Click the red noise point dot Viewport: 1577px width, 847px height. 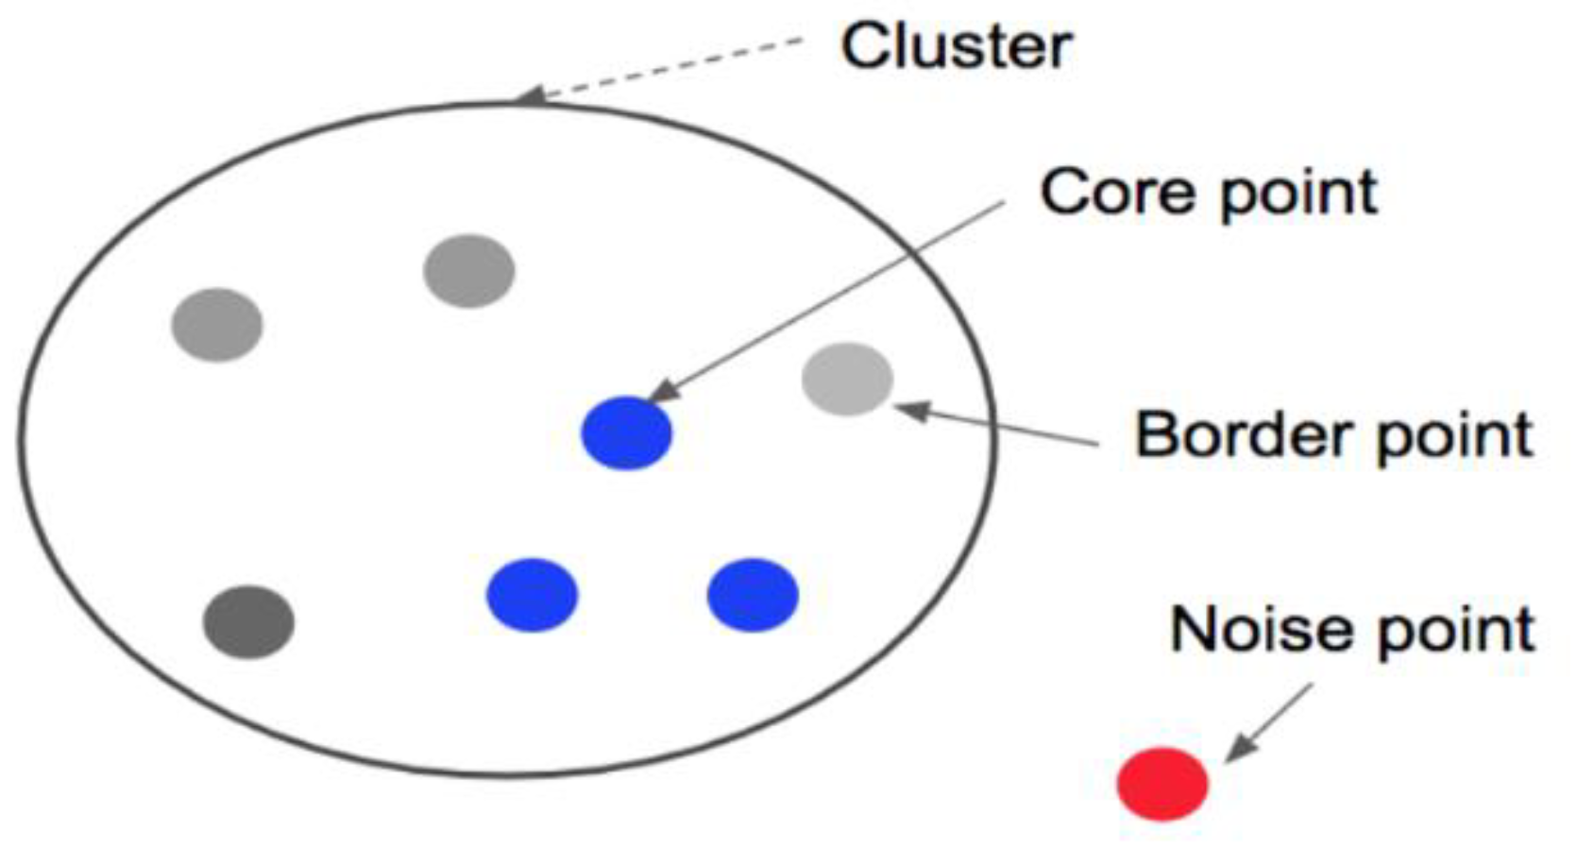[x=1162, y=783]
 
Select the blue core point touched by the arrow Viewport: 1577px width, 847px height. [x=626, y=432]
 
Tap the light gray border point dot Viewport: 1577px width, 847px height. [x=847, y=379]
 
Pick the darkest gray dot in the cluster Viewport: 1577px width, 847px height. [x=248, y=621]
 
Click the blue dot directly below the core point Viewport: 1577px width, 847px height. [x=532, y=595]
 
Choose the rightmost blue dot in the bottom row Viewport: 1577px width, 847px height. [x=753, y=595]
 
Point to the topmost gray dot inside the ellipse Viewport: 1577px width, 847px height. [x=468, y=271]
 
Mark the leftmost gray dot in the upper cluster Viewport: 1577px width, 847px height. [x=216, y=325]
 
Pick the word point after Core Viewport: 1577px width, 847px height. [x=1297, y=195]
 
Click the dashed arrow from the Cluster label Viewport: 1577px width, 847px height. [x=661, y=68]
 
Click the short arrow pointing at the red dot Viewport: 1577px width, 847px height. [x=1270, y=722]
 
